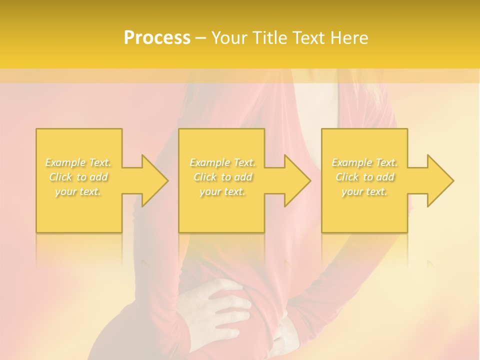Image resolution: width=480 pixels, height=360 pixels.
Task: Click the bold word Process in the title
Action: coord(157,38)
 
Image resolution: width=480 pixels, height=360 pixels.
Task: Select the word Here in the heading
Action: coord(349,38)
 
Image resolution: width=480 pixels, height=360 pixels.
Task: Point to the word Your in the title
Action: coord(229,38)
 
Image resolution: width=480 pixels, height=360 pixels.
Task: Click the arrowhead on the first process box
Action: coord(150,180)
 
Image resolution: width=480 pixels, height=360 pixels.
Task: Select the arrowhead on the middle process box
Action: coord(293,180)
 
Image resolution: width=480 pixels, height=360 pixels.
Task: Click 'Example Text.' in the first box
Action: coord(78,162)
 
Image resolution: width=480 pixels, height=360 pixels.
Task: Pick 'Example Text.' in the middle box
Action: coord(222,162)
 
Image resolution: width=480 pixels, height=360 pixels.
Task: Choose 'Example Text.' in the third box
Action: coord(364,162)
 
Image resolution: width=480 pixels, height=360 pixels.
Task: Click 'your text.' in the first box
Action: coord(78,191)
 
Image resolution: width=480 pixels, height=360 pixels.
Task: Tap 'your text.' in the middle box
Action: coord(222,191)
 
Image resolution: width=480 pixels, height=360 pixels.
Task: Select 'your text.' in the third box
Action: coord(364,191)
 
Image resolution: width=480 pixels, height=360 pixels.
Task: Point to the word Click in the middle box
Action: coord(205,177)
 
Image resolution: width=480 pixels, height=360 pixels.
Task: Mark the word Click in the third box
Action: coord(347,177)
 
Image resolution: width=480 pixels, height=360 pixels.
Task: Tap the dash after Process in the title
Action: coord(200,38)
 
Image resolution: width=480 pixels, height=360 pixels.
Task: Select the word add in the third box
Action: coord(385,177)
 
